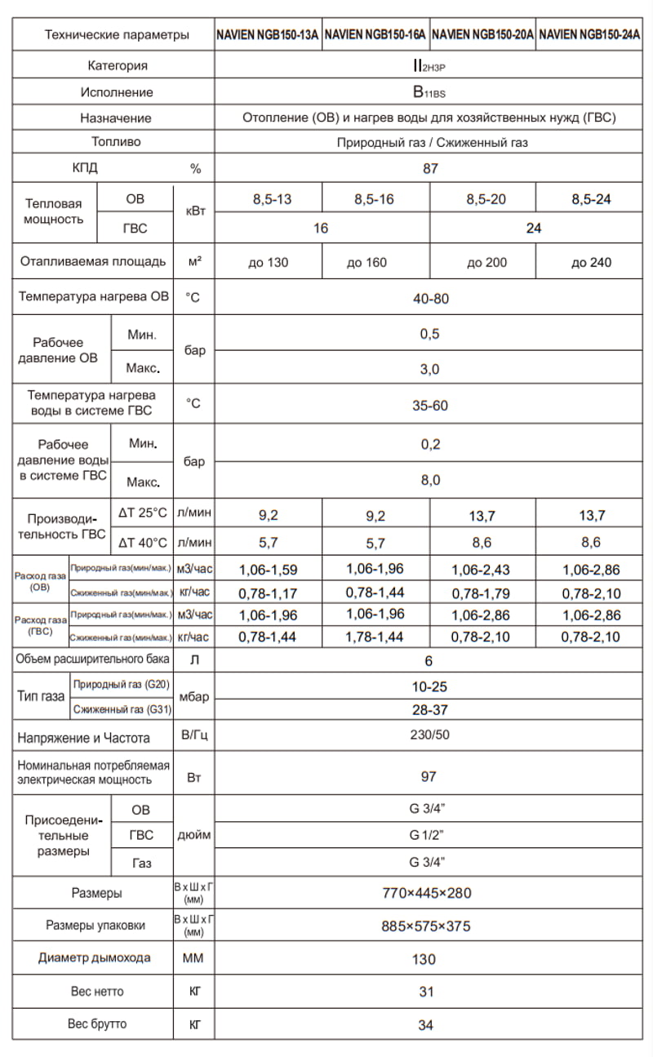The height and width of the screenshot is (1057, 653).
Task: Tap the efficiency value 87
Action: (x=430, y=169)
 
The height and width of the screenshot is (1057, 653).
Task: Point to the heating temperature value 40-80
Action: (x=430, y=299)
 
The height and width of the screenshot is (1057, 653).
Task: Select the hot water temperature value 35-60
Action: (x=429, y=406)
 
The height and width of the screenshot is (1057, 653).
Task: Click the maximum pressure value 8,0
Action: (x=430, y=480)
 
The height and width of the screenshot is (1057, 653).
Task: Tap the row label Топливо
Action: (x=116, y=142)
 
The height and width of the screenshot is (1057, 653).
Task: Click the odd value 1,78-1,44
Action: (x=375, y=637)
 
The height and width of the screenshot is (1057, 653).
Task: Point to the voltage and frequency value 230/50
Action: (x=429, y=735)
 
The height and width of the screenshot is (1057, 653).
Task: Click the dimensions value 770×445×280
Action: (x=427, y=893)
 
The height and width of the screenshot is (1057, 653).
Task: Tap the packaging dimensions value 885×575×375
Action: (x=426, y=926)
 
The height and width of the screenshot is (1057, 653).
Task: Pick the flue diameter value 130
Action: (x=424, y=959)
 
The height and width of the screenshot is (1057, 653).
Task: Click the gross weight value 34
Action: (x=425, y=1025)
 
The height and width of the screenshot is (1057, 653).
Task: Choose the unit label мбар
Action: (x=194, y=697)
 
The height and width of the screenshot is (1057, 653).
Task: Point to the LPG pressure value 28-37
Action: (x=429, y=710)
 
